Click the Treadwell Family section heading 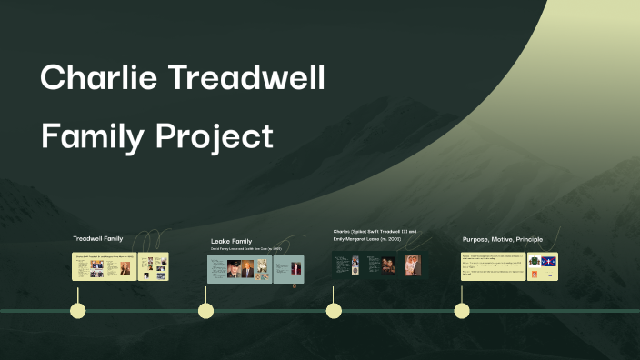(98, 239)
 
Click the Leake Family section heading (231, 241)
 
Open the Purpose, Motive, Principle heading (503, 239)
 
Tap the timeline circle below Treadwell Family (78, 311)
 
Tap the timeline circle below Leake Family (206, 311)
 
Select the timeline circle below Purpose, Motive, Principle (462, 311)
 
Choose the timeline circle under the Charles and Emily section (334, 311)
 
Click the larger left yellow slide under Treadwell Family (104, 266)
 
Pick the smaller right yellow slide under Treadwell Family (153, 266)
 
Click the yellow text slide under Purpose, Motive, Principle (494, 266)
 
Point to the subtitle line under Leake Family (245, 248)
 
